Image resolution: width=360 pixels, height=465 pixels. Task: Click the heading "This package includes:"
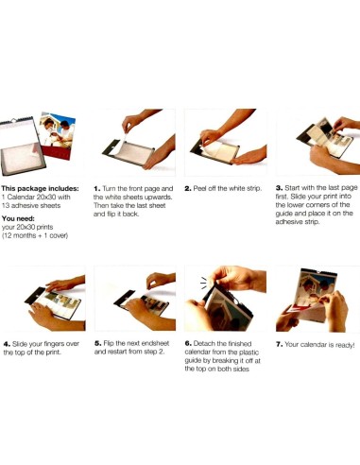point(40,189)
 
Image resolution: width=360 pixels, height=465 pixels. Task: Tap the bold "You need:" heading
point(18,218)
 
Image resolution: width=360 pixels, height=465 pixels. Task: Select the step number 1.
point(97,189)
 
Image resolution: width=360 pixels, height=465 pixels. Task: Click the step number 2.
point(188,189)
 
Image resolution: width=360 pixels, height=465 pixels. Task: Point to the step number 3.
point(279,188)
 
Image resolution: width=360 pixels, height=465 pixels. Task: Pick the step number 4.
point(7,344)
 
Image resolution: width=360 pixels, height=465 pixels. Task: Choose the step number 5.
point(97,343)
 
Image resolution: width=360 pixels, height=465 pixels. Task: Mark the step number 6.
point(188,344)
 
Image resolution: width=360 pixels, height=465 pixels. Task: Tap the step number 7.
point(279,344)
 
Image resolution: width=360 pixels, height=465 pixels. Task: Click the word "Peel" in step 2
point(199,188)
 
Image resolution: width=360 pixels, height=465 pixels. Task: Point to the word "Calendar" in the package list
point(21,198)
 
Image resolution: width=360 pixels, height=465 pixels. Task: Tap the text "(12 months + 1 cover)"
point(35,235)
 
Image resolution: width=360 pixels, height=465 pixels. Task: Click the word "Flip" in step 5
point(109,344)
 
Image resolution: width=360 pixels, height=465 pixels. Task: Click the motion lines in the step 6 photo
point(204,283)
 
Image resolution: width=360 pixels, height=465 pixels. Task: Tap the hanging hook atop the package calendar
point(13,120)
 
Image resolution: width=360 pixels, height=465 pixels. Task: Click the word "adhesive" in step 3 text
point(288,222)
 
